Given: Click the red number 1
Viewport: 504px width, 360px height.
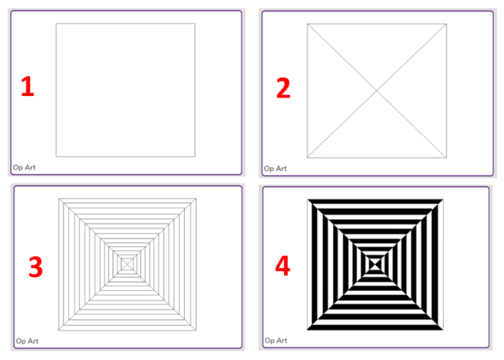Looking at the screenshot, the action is coord(28,86).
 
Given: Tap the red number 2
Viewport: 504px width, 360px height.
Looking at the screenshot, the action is coord(283,87).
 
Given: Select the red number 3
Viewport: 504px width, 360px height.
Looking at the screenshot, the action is coord(36,267).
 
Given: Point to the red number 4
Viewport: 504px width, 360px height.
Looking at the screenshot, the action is coord(283,266).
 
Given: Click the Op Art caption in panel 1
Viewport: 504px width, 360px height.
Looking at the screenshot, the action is coord(24,167).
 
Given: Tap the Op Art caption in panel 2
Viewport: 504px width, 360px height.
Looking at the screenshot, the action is coord(275,169).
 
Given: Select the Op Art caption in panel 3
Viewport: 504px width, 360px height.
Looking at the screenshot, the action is coord(27,341).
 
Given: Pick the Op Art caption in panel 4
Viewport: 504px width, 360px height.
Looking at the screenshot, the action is coord(276,341).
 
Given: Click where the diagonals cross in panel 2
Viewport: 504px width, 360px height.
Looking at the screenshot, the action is coord(377,91).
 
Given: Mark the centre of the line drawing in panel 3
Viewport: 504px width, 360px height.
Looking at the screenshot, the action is coord(127,264).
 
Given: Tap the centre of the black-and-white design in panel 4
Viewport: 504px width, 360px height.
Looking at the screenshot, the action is coord(375,265).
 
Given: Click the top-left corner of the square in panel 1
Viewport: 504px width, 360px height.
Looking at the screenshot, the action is coord(57,23).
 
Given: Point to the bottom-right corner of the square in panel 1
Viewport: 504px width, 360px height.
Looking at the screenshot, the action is coord(195,156).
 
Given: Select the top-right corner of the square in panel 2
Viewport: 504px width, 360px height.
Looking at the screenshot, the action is coord(446,24).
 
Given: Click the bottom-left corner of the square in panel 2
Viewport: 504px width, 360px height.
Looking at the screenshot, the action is coord(307,157).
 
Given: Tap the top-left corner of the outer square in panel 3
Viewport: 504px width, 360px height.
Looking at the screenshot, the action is coord(59,199).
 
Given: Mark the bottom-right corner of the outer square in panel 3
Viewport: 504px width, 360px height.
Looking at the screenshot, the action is coord(196,330).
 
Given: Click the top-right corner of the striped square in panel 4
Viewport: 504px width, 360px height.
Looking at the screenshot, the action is coord(444,200).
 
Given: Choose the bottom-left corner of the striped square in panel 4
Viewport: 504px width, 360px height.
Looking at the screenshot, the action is coord(307,330).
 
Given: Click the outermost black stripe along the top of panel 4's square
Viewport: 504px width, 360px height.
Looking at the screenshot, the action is coord(375,201).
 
